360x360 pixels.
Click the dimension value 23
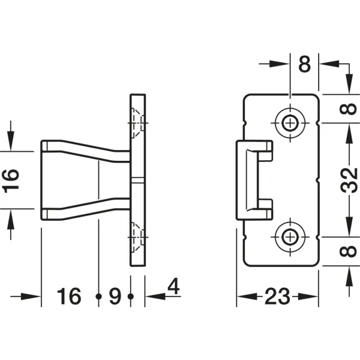click(x=277, y=296)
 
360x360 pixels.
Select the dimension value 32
click(x=349, y=180)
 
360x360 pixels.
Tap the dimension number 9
click(x=115, y=296)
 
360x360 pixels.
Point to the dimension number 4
click(x=173, y=286)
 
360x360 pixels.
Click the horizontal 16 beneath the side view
click(x=69, y=296)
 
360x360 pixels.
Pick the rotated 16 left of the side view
click(x=10, y=181)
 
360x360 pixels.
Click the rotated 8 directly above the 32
click(x=348, y=109)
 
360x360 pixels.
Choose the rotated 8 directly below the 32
click(x=348, y=251)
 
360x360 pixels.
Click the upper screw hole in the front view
click(x=290, y=123)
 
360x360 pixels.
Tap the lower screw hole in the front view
click(x=290, y=237)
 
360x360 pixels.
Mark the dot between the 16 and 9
click(x=98, y=296)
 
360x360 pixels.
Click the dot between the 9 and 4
click(x=131, y=296)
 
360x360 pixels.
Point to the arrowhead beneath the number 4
click(x=155, y=296)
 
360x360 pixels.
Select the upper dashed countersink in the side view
click(x=138, y=123)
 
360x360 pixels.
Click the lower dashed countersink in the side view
click(x=138, y=237)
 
